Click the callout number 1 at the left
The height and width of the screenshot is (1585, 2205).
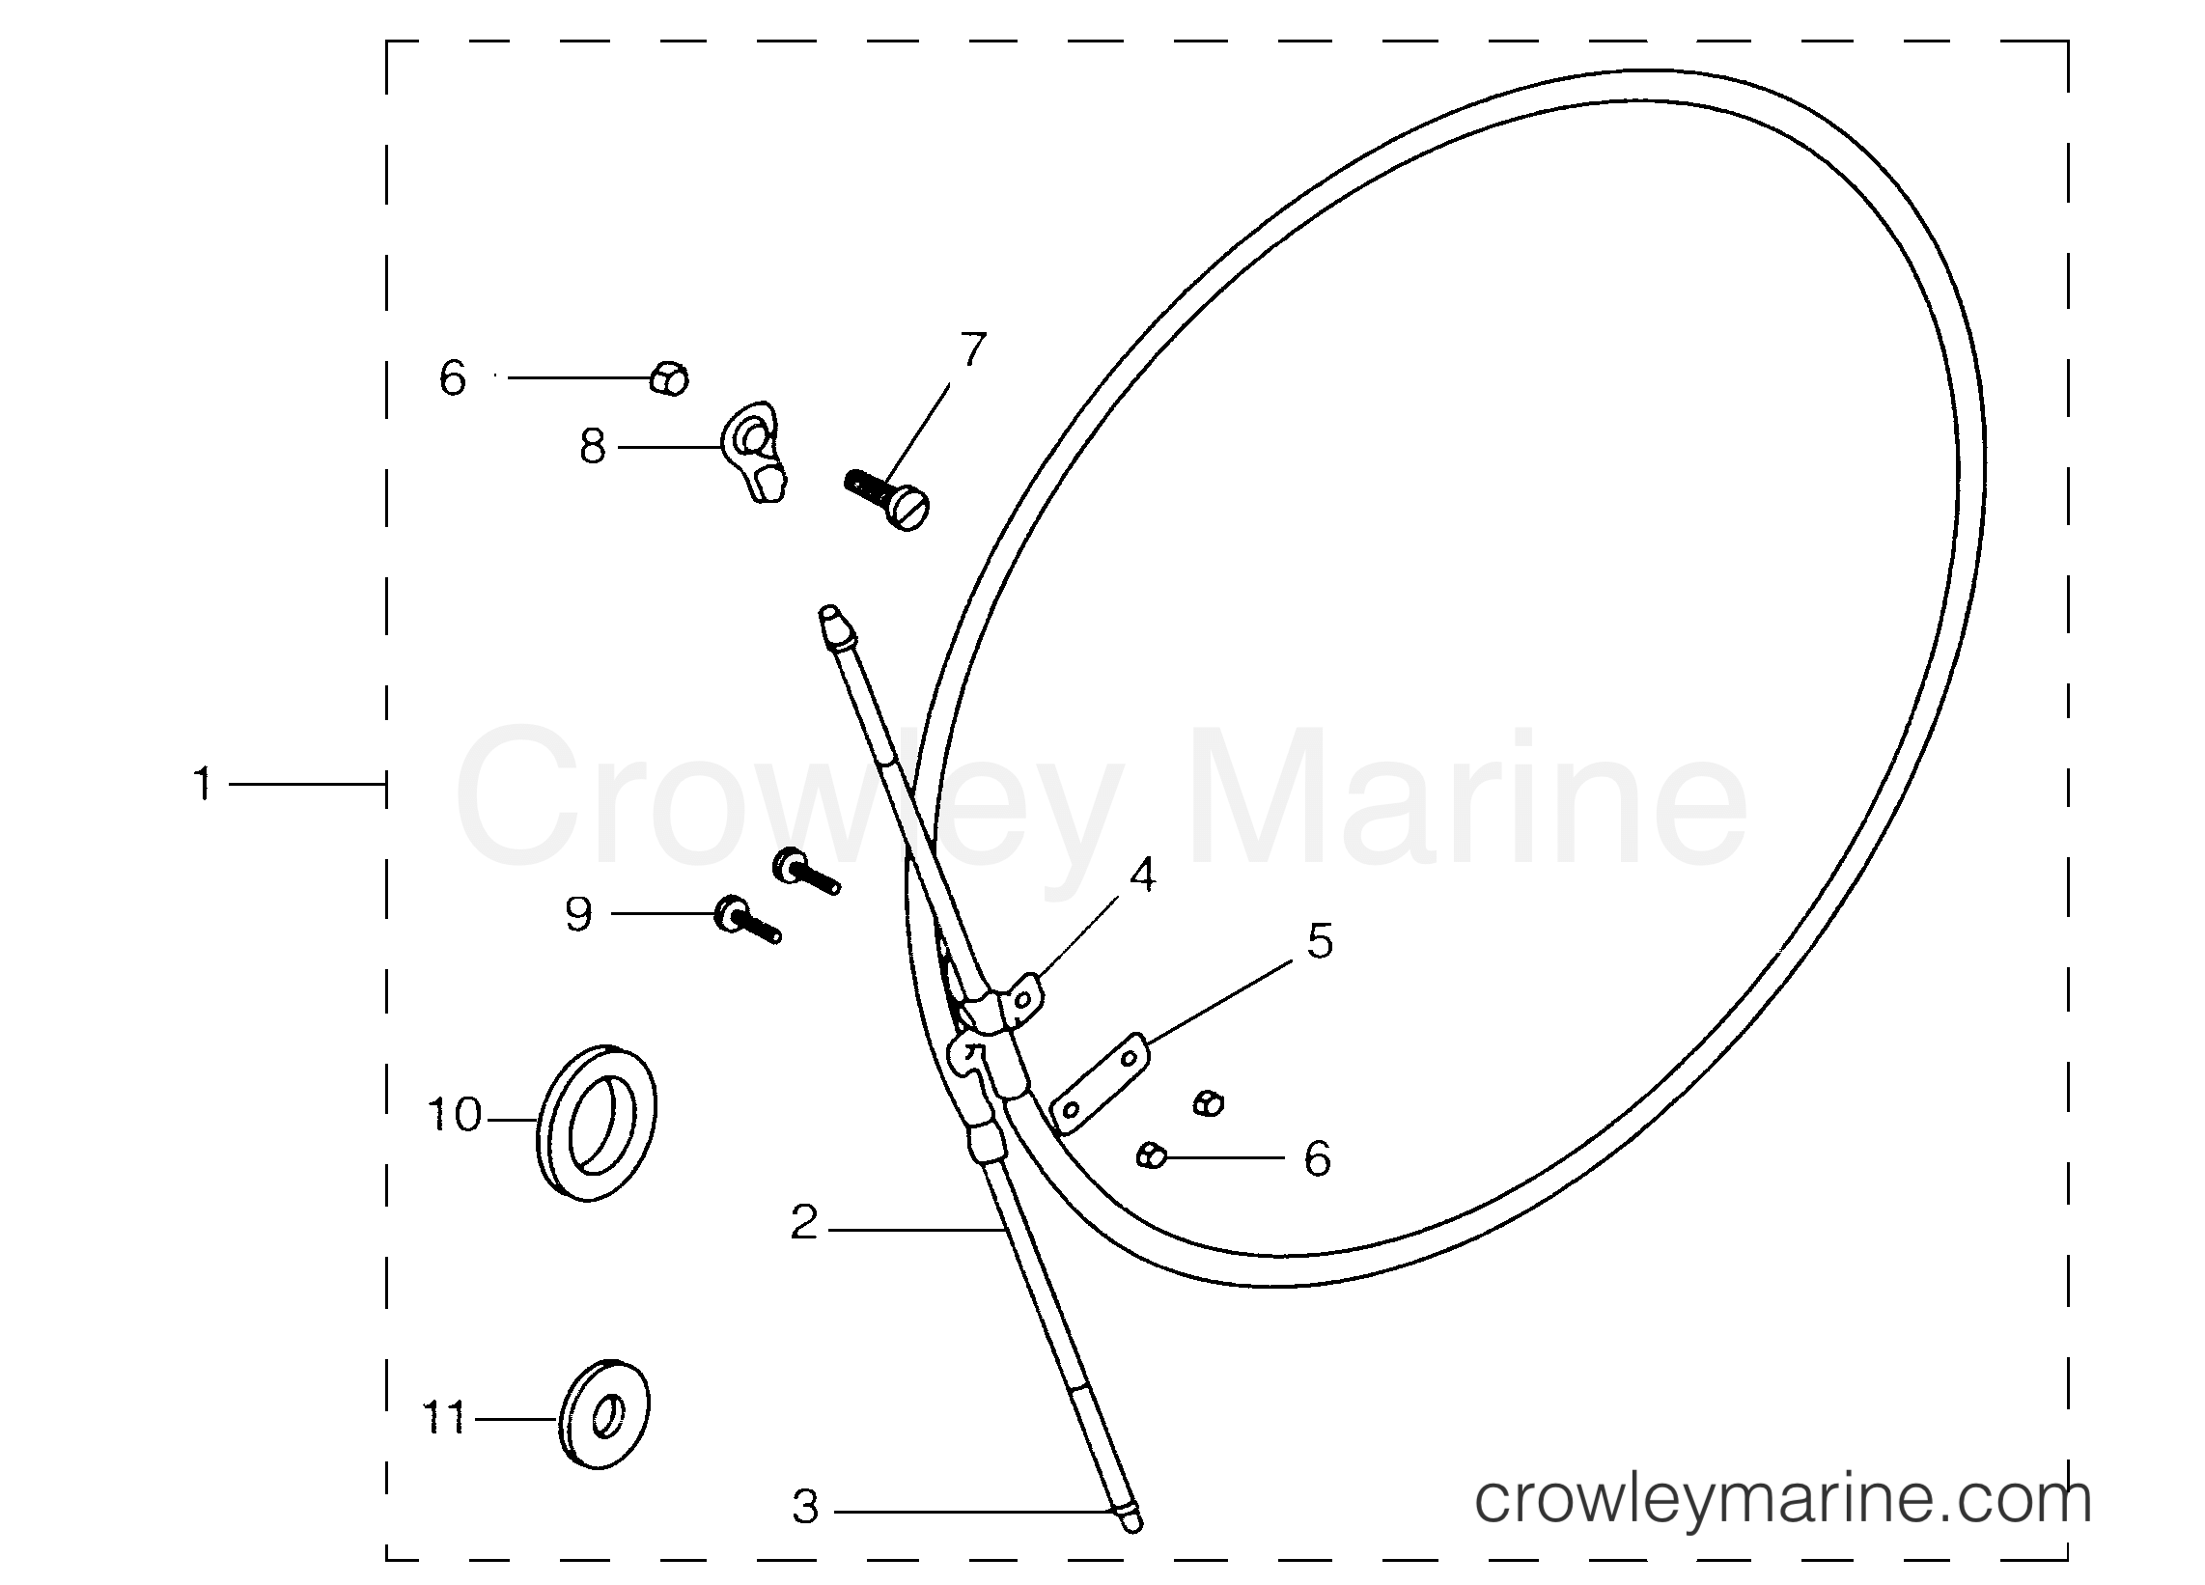click(x=202, y=784)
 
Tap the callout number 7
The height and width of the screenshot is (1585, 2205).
click(x=972, y=349)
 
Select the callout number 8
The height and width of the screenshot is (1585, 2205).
click(x=592, y=447)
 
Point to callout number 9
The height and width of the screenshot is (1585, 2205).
click(x=578, y=914)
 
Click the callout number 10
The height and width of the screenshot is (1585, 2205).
click(x=454, y=1114)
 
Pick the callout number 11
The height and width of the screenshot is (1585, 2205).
click(x=444, y=1418)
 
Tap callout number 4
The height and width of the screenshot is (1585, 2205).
click(x=1142, y=876)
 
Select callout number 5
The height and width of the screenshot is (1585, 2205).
click(x=1320, y=941)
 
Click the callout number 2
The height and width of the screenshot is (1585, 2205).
click(x=804, y=1223)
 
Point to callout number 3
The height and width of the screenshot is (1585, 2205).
click(x=805, y=1508)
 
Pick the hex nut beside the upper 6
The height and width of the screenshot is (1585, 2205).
click(x=669, y=378)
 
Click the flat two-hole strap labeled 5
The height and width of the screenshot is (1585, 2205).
click(x=1100, y=1082)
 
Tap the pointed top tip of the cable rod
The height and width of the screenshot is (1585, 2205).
click(x=829, y=615)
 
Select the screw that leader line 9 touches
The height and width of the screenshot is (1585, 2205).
click(x=746, y=919)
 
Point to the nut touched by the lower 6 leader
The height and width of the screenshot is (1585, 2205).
click(x=1151, y=1156)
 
